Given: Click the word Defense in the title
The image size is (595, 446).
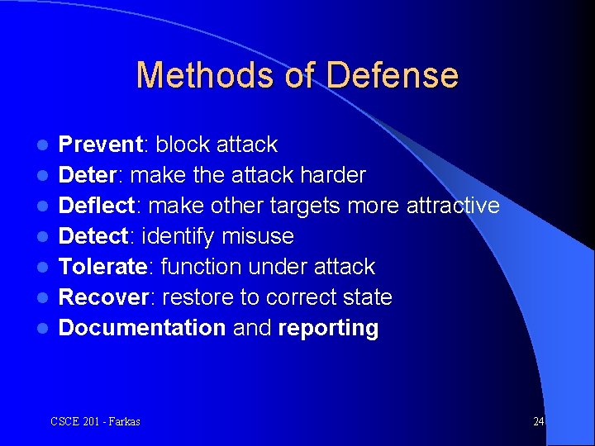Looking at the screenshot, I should tap(392, 75).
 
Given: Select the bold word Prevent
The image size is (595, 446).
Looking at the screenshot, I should tap(101, 145).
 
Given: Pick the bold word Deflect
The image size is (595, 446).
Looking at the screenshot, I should tap(97, 206).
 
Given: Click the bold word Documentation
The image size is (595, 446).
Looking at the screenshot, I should tap(142, 328).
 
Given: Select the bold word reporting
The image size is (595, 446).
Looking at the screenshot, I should tap(328, 328).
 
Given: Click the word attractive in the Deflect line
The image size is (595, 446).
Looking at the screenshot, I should tap(453, 206).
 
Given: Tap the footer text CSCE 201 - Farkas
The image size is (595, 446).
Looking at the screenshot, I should tap(95, 421).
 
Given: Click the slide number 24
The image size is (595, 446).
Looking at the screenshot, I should tap(538, 421).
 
